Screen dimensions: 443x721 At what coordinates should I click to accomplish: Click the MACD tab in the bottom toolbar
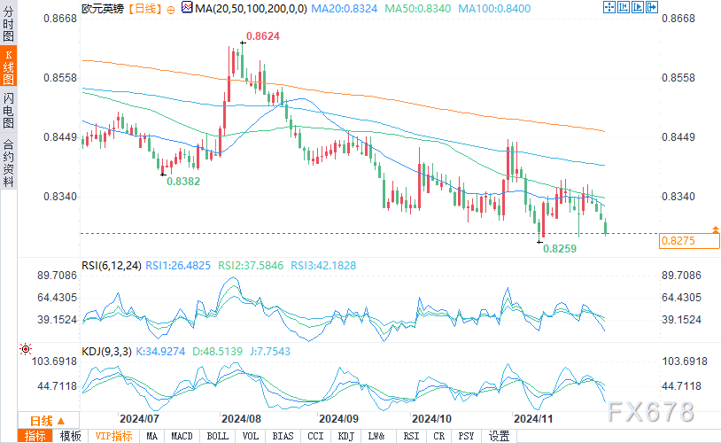tap(182, 436)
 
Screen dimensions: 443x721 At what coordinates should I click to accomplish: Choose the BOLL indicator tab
tap(216, 436)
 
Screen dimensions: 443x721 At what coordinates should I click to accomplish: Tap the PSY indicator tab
tap(466, 436)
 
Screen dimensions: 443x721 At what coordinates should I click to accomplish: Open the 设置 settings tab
tap(500, 436)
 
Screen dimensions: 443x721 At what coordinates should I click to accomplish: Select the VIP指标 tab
tap(113, 436)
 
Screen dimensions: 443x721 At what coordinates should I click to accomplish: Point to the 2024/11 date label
tap(534, 417)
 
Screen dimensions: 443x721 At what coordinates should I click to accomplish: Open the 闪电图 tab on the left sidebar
tap(9, 110)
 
